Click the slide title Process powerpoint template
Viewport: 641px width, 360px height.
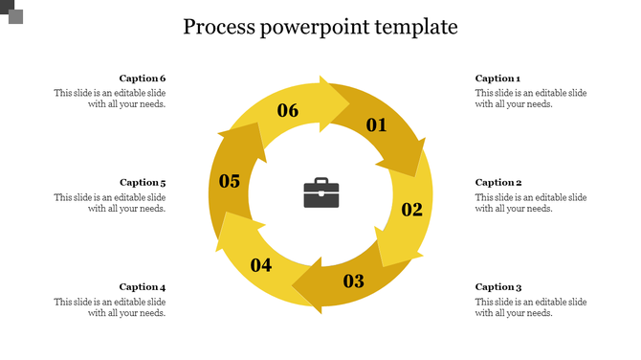pyautogui.click(x=320, y=27)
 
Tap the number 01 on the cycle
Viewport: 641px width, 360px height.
pyautogui.click(x=376, y=124)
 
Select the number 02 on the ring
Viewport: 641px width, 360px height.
pyautogui.click(x=411, y=210)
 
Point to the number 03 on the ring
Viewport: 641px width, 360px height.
pyautogui.click(x=354, y=281)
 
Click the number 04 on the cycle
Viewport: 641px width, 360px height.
pyautogui.click(x=261, y=265)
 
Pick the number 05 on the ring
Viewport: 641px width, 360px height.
pyautogui.click(x=230, y=181)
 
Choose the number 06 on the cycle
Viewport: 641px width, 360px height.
pyautogui.click(x=288, y=110)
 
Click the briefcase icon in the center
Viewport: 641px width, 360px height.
pyautogui.click(x=320, y=192)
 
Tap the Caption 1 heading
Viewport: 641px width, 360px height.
pyautogui.click(x=497, y=79)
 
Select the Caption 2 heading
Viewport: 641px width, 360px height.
pyautogui.click(x=498, y=182)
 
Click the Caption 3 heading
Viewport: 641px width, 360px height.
pyautogui.click(x=498, y=286)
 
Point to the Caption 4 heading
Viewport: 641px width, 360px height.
pyautogui.click(x=143, y=286)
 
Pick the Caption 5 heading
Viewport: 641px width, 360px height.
pyautogui.click(x=143, y=182)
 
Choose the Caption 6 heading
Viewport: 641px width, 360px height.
pyautogui.click(x=143, y=79)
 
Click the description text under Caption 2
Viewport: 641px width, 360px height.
pyautogui.click(x=530, y=203)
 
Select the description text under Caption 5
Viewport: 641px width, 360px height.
pyautogui.click(x=110, y=203)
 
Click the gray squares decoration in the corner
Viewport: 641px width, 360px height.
pyautogui.click(x=11, y=11)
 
